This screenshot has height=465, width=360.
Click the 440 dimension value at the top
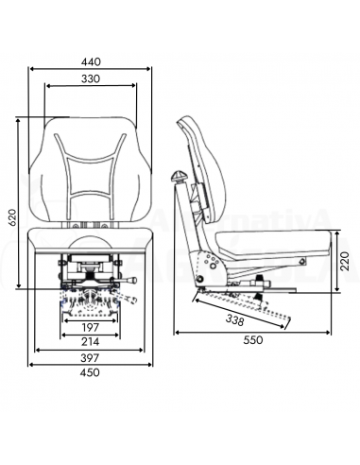point(91,60)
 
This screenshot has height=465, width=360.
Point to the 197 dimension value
point(91,326)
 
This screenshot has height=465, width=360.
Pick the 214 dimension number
point(91,341)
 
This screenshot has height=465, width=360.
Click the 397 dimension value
point(91,361)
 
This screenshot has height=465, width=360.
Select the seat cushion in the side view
point(269,245)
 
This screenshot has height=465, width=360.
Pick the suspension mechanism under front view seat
point(91,284)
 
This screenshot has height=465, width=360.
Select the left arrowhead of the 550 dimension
point(178,331)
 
